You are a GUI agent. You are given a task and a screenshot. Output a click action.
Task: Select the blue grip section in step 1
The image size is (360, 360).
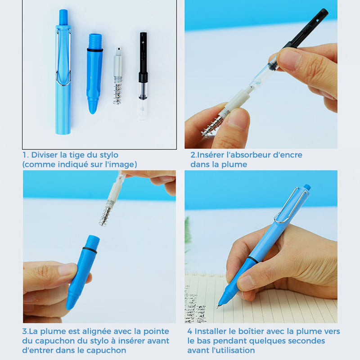pos(94,76)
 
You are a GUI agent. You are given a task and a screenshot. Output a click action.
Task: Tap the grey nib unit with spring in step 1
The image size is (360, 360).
pos(118,76)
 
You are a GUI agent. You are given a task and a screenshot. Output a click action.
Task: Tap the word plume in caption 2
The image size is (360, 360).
pos(234,165)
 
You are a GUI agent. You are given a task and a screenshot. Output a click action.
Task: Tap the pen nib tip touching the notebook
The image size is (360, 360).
pos(219,306)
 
